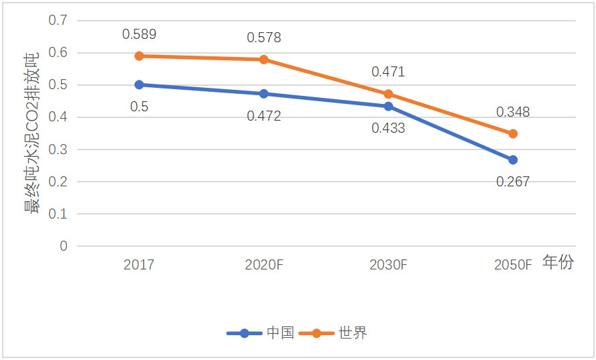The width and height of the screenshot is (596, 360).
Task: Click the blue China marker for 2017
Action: [139, 84]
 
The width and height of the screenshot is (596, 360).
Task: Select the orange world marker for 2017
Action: [139, 56]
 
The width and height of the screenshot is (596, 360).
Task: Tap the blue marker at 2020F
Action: [263, 94]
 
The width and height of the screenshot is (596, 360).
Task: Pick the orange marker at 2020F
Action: [263, 60]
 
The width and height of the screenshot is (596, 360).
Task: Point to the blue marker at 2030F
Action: [388, 106]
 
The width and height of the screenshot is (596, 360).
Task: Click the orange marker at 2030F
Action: [388, 94]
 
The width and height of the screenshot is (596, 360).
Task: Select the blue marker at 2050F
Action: [513, 160]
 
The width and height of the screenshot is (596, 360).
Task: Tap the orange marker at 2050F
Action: [513, 133]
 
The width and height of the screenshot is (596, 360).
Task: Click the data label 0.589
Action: [139, 34]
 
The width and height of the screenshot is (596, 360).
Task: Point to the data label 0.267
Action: [513, 181]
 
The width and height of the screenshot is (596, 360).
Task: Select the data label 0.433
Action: [388, 127]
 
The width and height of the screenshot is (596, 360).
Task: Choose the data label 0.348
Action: [513, 112]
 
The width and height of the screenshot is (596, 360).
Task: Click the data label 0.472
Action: [263, 116]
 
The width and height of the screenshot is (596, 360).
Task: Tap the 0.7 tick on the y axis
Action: [59, 20]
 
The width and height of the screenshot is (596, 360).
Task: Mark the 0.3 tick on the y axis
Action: [59, 149]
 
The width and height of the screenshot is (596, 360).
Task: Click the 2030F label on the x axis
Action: [388, 265]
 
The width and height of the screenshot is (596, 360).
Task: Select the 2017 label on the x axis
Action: [139, 265]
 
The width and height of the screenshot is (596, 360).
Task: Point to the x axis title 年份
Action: [558, 263]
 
